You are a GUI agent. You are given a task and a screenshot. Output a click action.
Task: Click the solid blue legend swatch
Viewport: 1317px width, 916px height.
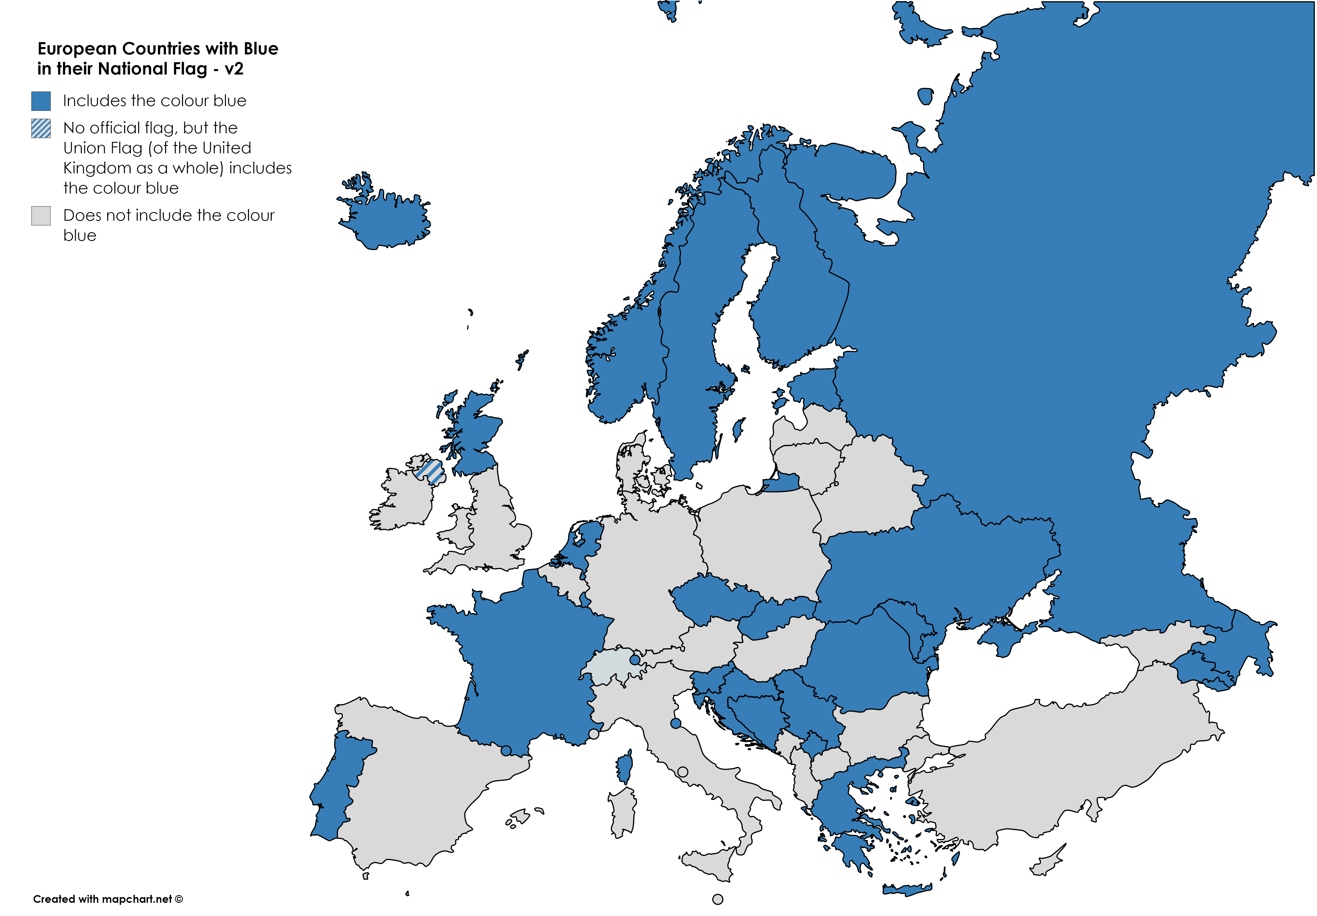[41, 101]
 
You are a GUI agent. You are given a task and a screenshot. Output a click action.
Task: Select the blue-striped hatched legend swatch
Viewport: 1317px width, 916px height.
[41, 128]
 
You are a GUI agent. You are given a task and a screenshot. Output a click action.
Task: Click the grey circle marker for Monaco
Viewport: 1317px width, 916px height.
[594, 734]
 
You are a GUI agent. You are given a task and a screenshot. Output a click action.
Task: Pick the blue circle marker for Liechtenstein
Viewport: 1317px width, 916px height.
[634, 660]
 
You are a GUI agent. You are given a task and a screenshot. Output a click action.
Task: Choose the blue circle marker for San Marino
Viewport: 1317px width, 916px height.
[676, 723]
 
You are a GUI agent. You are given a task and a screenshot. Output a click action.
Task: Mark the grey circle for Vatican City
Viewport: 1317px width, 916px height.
[683, 772]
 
